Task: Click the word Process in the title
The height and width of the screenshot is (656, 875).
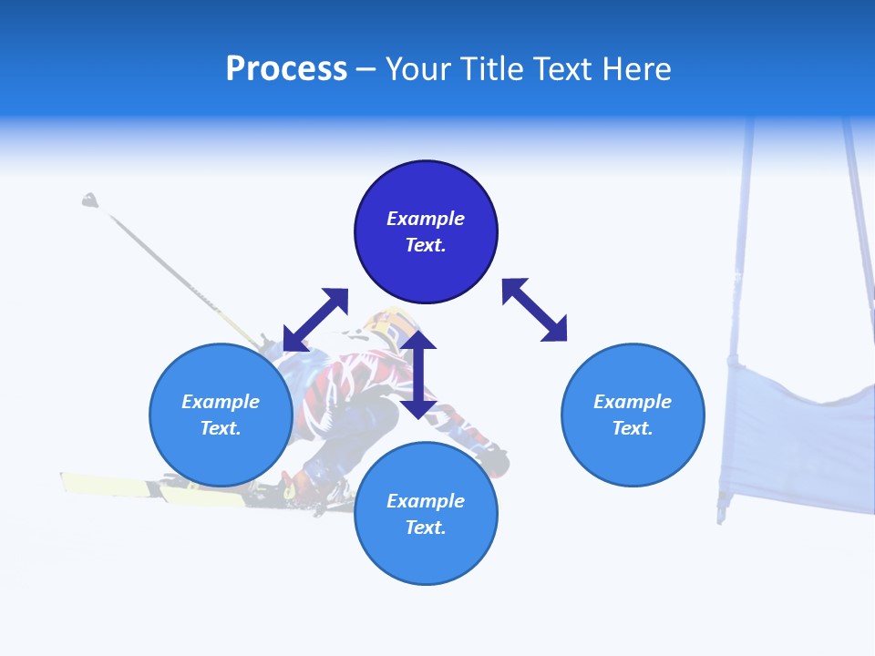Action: tap(286, 69)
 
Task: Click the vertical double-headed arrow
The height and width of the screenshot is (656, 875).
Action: tap(418, 374)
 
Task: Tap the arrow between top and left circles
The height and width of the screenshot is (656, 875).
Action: tap(315, 320)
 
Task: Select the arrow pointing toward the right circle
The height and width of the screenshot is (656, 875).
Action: tap(534, 310)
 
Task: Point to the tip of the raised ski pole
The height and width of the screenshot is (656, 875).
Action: tap(89, 200)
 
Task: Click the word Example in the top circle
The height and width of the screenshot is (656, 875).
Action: tap(426, 219)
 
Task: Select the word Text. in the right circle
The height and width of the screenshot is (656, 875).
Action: tap(633, 428)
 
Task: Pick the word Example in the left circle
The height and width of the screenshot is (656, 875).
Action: tap(221, 402)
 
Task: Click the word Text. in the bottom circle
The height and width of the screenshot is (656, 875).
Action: tap(426, 528)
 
